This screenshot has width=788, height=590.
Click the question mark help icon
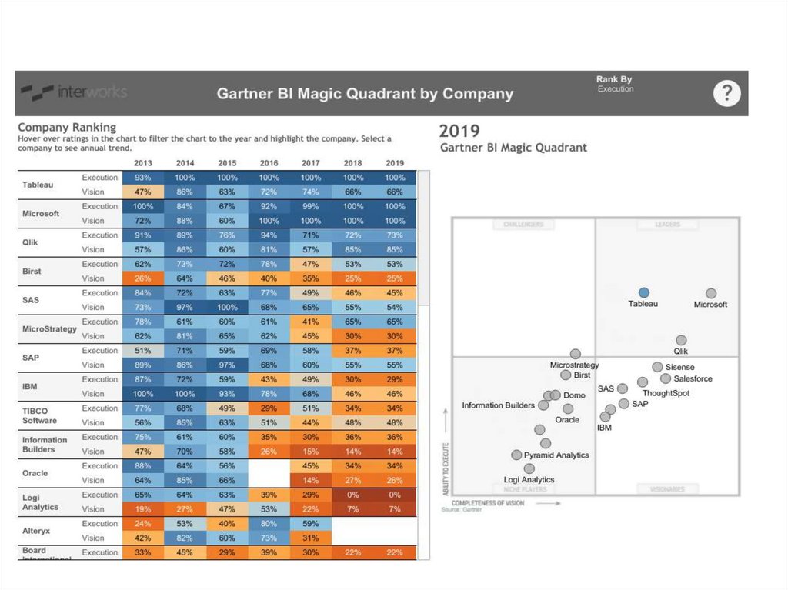(726, 94)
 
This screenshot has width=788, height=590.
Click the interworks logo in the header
(74, 92)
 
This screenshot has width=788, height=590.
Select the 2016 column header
(269, 163)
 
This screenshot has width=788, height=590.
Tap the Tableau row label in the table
(38, 185)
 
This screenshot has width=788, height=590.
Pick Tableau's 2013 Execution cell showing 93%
(143, 178)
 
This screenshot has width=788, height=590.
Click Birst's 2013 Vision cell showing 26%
(143, 278)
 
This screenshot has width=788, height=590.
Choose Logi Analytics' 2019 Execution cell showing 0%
(395, 495)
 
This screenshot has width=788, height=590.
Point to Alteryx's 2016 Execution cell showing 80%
(269, 524)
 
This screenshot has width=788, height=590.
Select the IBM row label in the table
(31, 387)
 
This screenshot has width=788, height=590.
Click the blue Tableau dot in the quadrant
(644, 292)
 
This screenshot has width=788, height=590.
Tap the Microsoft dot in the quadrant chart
(711, 293)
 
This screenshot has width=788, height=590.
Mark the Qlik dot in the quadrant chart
(681, 340)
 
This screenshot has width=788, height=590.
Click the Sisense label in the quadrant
(680, 368)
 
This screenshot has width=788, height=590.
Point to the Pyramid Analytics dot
(516, 455)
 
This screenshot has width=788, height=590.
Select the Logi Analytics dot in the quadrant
(529, 468)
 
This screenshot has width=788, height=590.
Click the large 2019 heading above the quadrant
(459, 131)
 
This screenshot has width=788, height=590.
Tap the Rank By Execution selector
(615, 84)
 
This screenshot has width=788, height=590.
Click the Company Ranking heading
(67, 127)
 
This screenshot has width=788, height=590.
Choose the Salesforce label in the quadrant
(693, 378)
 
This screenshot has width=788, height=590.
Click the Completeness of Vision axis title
(488, 503)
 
